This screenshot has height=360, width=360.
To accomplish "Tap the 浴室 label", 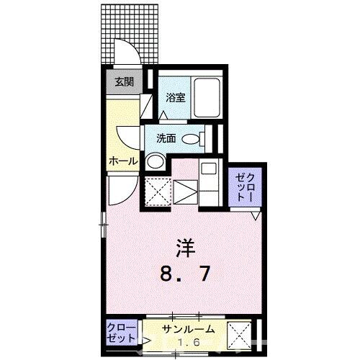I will (x=176, y=98).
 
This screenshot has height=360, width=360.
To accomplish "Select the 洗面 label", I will (x=166, y=138).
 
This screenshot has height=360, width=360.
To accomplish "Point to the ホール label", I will (x=122, y=161).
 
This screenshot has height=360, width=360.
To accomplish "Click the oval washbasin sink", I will (x=192, y=139).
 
